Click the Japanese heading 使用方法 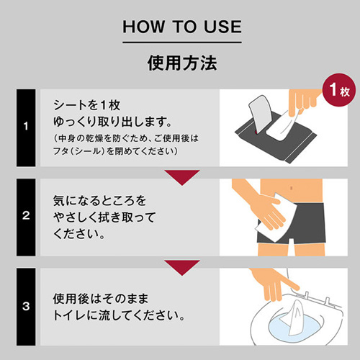(x=180, y=63)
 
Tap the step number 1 (x=26, y=127)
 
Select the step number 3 (x=26, y=306)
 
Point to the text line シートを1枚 (x=83, y=103)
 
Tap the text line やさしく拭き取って (x=104, y=216)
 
